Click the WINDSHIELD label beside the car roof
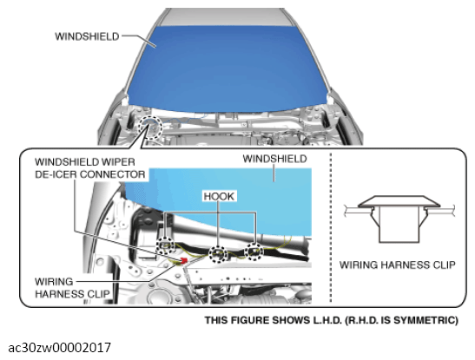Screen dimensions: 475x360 click(x=87, y=36)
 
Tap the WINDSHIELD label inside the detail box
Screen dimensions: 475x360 click(x=274, y=159)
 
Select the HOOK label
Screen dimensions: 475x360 click(x=219, y=196)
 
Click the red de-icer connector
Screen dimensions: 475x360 click(x=184, y=260)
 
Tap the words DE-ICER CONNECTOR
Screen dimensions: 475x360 click(x=90, y=174)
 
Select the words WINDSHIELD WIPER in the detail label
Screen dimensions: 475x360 click(x=85, y=162)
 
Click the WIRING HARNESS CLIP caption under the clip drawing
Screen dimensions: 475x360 click(x=398, y=265)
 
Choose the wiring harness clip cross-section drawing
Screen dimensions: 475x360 click(x=399, y=219)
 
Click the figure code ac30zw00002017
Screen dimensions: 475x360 click(x=59, y=348)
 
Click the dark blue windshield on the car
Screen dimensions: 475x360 click(x=228, y=68)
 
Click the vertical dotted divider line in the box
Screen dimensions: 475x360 click(x=331, y=227)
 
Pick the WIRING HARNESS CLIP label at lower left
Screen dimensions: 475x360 click(x=72, y=288)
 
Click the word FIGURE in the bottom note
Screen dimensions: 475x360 click(x=249, y=320)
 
